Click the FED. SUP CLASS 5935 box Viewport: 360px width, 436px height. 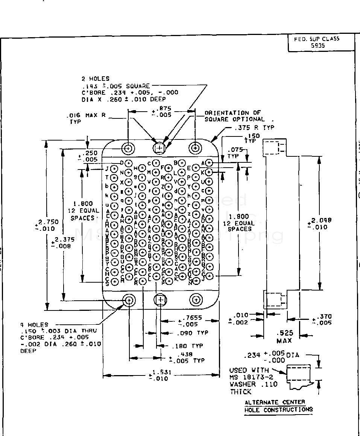321,42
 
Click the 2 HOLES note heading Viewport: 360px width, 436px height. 96,79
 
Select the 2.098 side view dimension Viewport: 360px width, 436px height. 319,224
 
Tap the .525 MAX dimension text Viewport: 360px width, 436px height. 284,337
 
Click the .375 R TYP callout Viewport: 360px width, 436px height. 254,128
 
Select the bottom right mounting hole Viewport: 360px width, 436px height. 196,300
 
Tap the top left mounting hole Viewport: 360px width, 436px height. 129,148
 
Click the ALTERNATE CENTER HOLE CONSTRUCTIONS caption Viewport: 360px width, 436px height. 278,406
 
